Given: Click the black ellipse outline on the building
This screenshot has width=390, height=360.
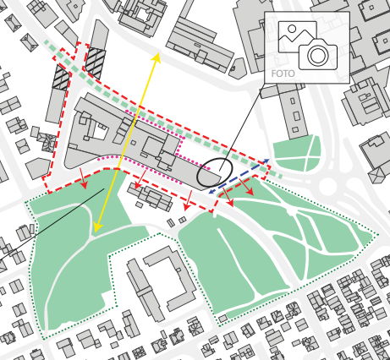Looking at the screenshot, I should [213, 172].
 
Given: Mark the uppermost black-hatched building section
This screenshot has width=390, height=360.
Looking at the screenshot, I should [95, 62].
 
